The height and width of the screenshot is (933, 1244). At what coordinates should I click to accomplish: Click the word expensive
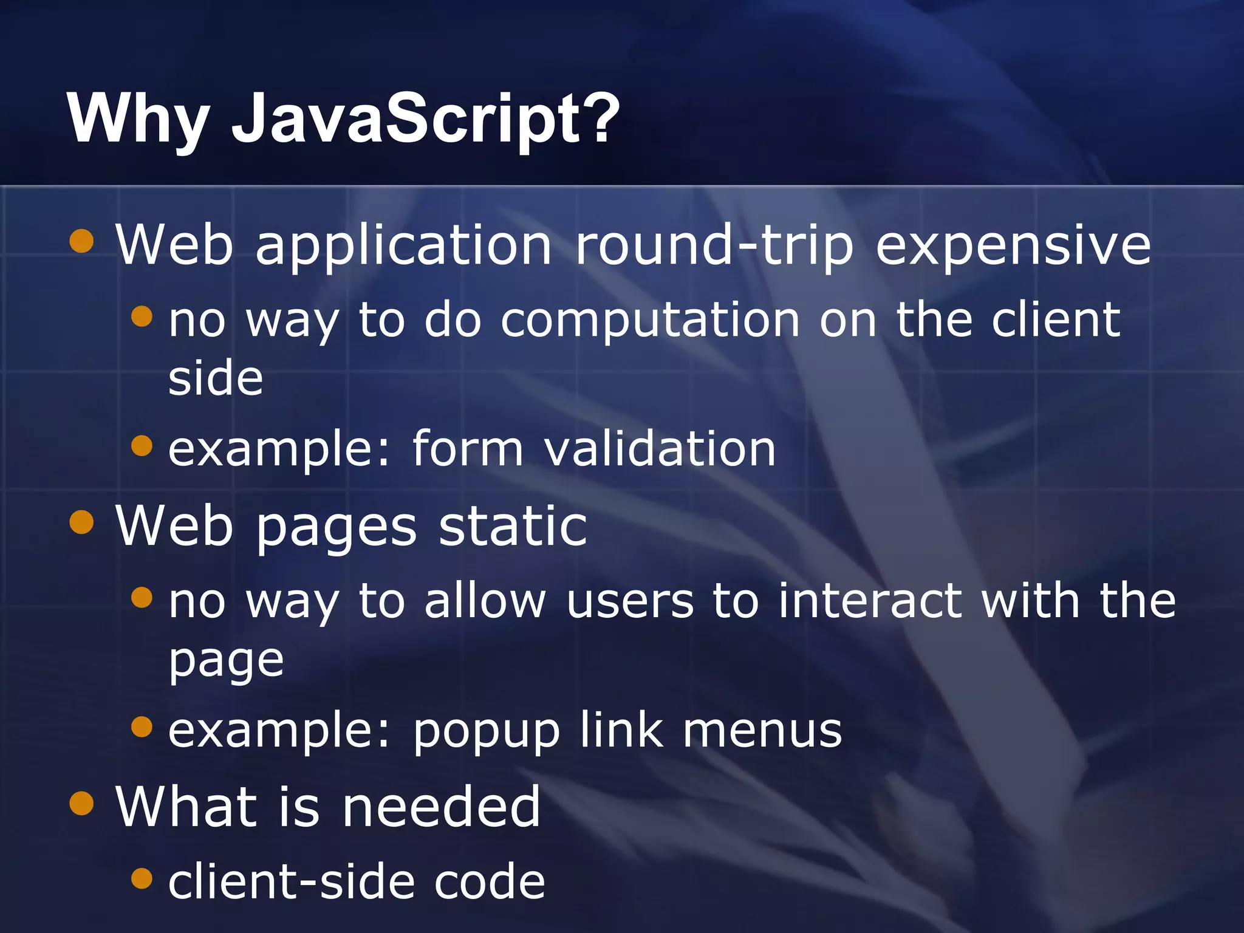point(1013,245)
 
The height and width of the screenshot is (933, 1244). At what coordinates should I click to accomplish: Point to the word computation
point(650,321)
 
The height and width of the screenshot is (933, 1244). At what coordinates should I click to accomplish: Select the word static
point(513,525)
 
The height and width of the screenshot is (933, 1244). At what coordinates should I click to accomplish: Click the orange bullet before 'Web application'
point(81,241)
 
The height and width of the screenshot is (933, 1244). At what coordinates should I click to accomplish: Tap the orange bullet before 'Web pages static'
point(81,522)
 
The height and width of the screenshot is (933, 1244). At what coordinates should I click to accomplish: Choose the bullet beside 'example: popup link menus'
point(142,726)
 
